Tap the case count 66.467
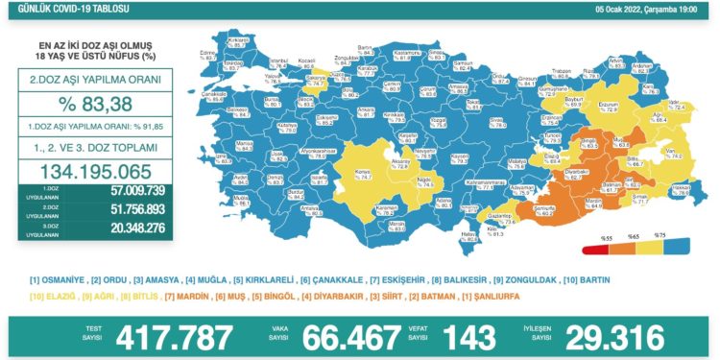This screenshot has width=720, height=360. (349, 337)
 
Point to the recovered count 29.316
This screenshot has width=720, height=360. (615, 337)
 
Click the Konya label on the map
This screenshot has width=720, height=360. (336, 172)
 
